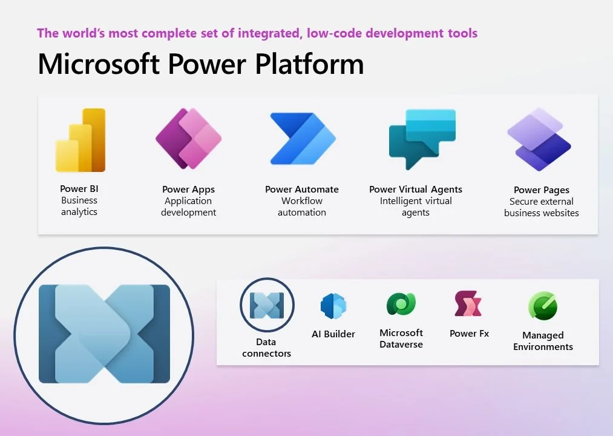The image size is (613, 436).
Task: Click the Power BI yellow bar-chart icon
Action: click(x=80, y=140)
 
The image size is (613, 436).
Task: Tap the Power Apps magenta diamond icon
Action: click(x=188, y=139)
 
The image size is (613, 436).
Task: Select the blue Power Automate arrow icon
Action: click(x=302, y=139)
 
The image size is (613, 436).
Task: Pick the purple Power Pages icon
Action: click(x=539, y=139)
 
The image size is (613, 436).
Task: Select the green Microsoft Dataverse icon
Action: click(x=401, y=304)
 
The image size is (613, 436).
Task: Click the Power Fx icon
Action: click(x=468, y=304)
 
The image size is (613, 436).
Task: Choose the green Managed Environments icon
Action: click(x=542, y=306)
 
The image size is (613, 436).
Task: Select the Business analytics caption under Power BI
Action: click(x=79, y=206)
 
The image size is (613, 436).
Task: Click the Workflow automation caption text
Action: click(x=301, y=206)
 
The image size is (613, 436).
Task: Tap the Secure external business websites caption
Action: click(x=541, y=207)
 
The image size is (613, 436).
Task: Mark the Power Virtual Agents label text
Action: click(x=415, y=190)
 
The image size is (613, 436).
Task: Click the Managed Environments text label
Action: click(x=543, y=341)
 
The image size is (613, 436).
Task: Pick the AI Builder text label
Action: click(x=333, y=334)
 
